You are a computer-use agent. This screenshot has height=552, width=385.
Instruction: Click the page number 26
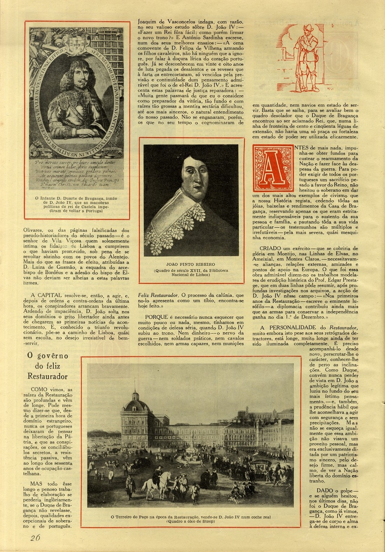[35, 538]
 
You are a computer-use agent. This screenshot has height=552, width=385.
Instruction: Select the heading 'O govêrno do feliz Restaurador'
[48, 366]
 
